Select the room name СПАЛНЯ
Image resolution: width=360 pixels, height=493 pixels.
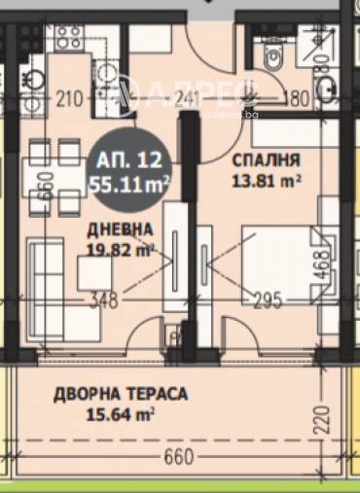[x=266, y=159]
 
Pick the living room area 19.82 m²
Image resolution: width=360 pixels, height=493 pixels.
[x=119, y=248]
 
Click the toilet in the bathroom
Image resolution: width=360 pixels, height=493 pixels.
[x=273, y=57]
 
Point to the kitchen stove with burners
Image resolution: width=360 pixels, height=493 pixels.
[x=68, y=39]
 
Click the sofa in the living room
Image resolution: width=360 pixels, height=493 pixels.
[x=44, y=277]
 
